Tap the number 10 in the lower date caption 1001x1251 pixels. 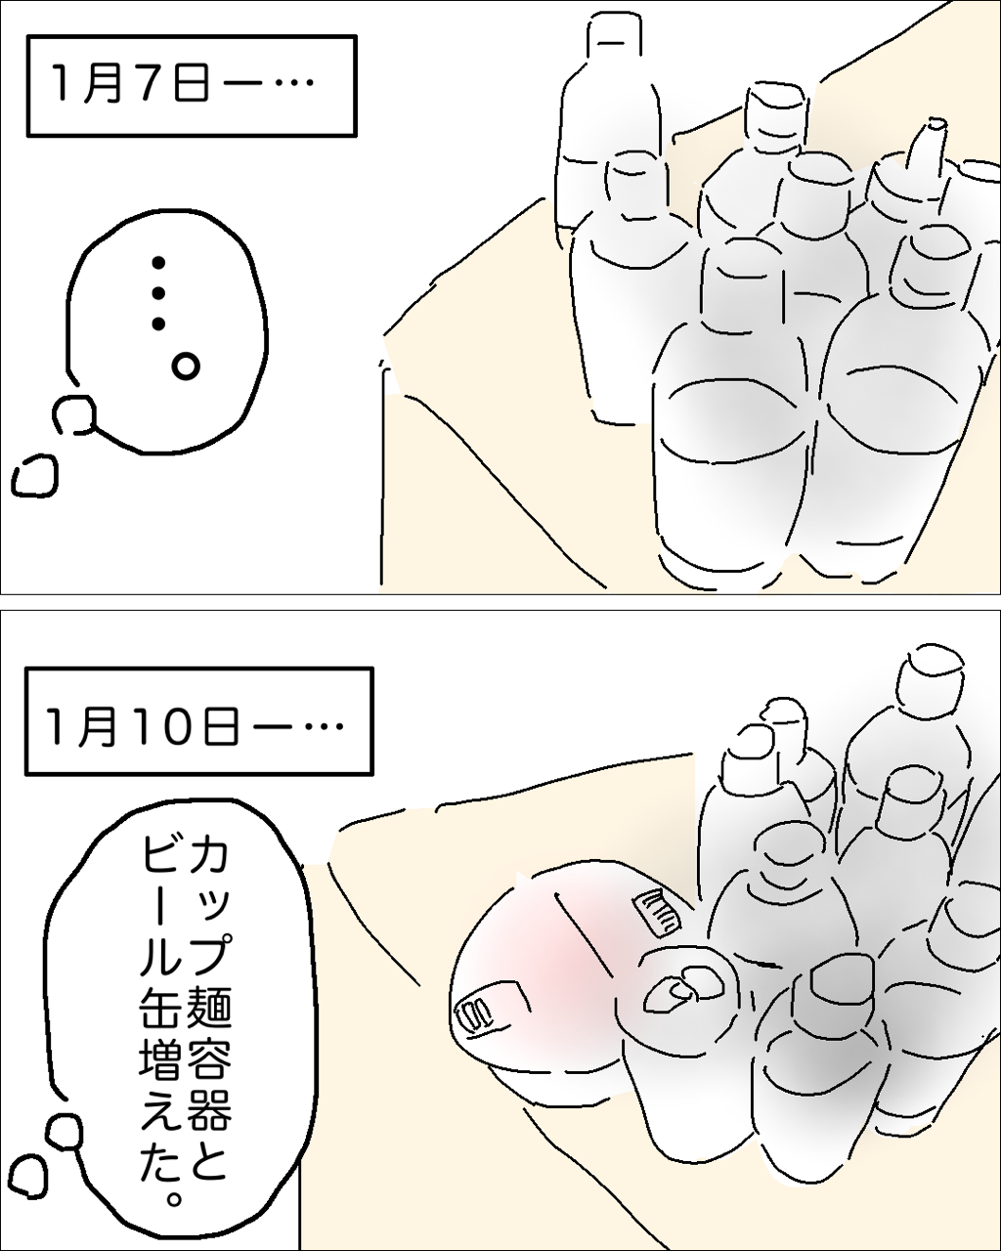(x=181, y=726)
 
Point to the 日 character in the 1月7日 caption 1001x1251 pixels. (x=190, y=85)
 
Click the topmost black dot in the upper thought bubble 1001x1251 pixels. (x=158, y=264)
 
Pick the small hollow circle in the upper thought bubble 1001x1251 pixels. (x=186, y=367)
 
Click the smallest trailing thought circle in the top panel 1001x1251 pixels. (x=35, y=476)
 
